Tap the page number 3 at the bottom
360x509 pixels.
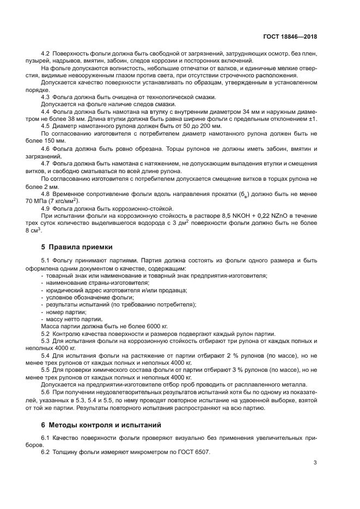(x=315, y=463)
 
